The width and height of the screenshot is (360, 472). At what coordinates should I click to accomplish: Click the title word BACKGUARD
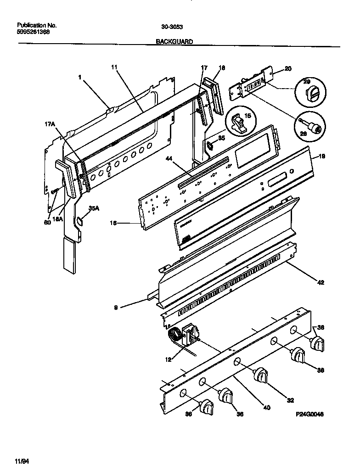(x=174, y=41)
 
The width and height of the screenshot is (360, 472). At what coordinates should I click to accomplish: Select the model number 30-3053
(x=170, y=26)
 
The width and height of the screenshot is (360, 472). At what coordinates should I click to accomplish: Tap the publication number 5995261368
(x=34, y=32)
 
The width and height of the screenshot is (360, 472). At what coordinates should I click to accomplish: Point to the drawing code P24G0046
(x=310, y=414)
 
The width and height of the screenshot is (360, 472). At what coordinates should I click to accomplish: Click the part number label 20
(x=287, y=69)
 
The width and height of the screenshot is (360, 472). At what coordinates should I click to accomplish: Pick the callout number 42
(x=321, y=282)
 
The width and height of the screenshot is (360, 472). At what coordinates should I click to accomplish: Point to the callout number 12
(x=169, y=360)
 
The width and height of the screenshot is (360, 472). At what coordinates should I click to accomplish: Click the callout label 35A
(x=93, y=208)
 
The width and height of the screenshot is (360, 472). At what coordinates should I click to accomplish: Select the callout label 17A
(x=50, y=124)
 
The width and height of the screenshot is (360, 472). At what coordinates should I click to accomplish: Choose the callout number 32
(x=290, y=400)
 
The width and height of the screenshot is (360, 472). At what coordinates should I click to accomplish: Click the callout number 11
(x=114, y=67)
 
